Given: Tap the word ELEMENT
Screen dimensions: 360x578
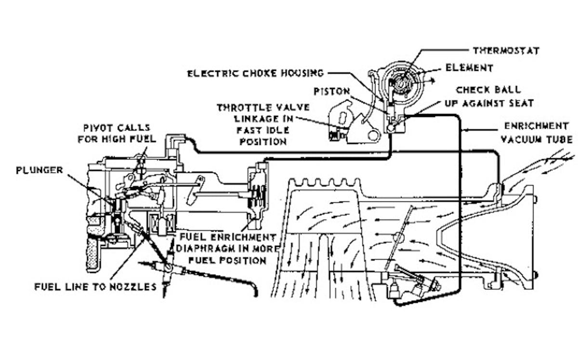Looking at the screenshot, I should pyautogui.click(x=469, y=68).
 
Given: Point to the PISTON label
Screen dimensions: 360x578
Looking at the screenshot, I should pyautogui.click(x=332, y=91).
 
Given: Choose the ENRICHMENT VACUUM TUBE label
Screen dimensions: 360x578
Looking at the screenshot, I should pyautogui.click(x=536, y=132).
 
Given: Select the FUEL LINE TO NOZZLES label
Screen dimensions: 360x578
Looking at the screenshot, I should pyautogui.click(x=95, y=287).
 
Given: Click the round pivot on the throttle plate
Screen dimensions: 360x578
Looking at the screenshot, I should pyautogui.click(x=398, y=238).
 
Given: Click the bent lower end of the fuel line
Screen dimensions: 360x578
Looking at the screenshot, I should pyautogui.click(x=254, y=291).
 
